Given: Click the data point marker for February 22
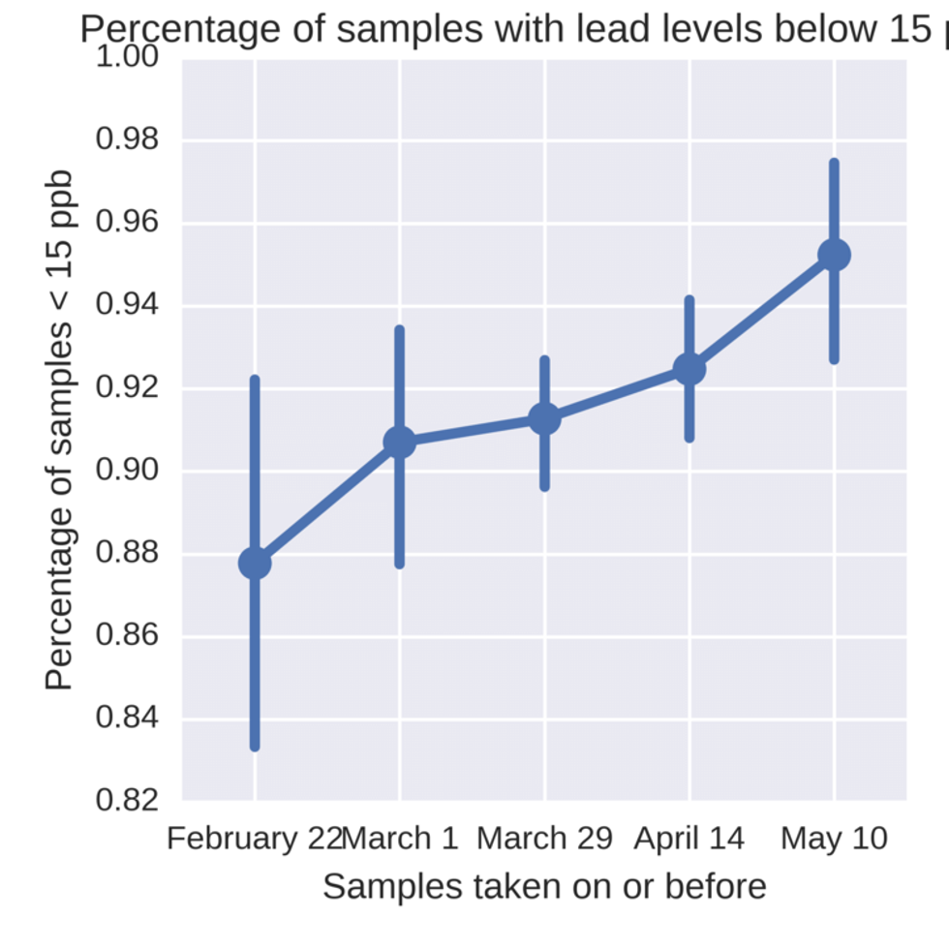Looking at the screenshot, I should coord(255,563).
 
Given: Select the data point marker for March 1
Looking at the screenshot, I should coord(399,443).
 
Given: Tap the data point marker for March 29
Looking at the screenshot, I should coord(544,418).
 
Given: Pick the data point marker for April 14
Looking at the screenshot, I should coord(689,369).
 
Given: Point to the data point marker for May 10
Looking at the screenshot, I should coord(834,255).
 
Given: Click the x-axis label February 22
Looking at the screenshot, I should coord(254,838).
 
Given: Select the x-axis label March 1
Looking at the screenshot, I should coord(400,838).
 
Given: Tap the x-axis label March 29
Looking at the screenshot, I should coord(544,838).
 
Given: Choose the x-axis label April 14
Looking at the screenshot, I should coord(689,838).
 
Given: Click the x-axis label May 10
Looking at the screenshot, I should coord(834,838).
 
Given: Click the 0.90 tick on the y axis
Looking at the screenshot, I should coord(128,472).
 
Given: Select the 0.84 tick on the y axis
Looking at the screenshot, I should coord(128,719).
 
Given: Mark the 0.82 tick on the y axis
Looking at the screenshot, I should coord(128,802).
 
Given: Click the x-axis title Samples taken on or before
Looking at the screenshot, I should coord(544,886).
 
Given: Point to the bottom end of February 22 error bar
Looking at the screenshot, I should coord(255,748).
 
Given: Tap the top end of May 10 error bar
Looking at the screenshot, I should coord(834,162).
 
